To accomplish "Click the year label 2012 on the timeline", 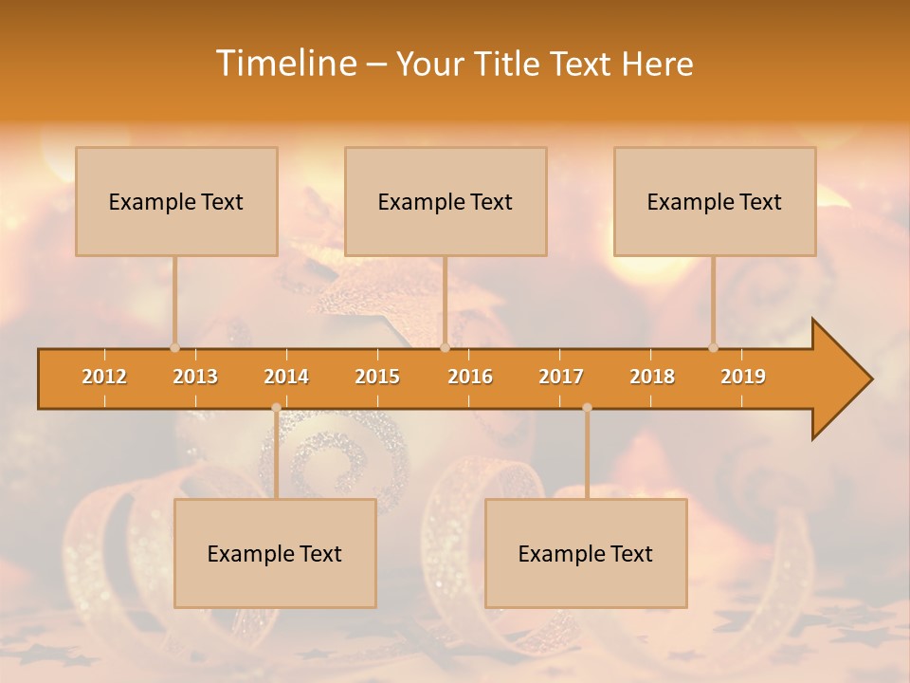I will click(x=104, y=377).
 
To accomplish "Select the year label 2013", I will click(x=195, y=377).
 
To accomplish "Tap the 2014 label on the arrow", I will click(x=286, y=377).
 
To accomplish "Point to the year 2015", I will click(x=377, y=377).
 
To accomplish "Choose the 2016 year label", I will click(x=470, y=377).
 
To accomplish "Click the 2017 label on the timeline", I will click(x=561, y=377).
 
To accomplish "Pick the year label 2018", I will click(x=652, y=377).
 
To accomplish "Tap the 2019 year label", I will click(x=743, y=377).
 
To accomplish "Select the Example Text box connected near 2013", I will click(x=176, y=201).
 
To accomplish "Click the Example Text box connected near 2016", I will click(x=446, y=201).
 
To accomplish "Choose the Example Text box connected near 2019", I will click(x=715, y=201).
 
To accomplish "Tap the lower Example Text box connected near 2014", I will click(x=275, y=553).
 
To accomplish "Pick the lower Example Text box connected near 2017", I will click(x=586, y=553).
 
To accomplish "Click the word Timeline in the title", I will click(x=283, y=64).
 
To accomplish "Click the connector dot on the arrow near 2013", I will click(x=174, y=348).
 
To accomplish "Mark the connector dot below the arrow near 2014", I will click(x=276, y=408).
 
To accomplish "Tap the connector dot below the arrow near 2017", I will click(x=587, y=408).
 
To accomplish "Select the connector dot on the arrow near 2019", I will click(x=713, y=348).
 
